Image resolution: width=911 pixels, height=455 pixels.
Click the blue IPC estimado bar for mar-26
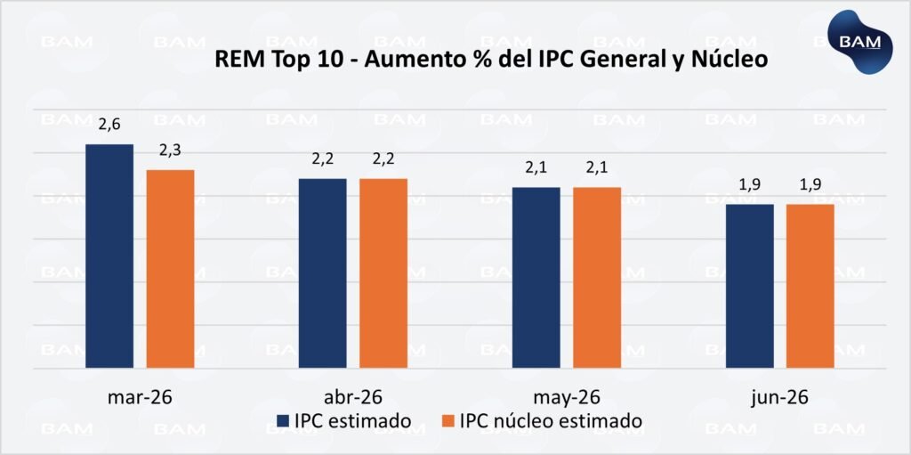tap(109, 256)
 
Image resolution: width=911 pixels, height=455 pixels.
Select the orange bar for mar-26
tap(170, 268)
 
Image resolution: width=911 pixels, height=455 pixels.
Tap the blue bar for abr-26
tap(322, 272)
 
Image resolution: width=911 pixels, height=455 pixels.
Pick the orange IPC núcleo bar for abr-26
tap(383, 272)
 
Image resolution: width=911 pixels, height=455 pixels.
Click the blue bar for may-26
tap(536, 277)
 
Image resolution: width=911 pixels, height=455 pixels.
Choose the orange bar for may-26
tap(597, 277)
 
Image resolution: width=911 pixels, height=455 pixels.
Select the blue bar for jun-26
tap(749, 286)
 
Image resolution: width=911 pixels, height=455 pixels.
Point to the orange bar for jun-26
tap(810, 286)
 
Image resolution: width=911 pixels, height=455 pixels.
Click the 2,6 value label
tap(109, 126)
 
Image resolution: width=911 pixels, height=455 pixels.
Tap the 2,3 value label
tap(171, 150)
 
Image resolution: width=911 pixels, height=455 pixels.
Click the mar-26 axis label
tap(139, 397)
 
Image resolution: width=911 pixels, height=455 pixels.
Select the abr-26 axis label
tap(352, 397)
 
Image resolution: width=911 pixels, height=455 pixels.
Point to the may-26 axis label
tap(566, 397)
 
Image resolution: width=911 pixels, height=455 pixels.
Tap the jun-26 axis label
tap(779, 397)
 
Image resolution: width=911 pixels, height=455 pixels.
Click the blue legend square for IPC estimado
tap(283, 421)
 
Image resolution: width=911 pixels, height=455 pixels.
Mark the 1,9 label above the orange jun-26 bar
tap(810, 185)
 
